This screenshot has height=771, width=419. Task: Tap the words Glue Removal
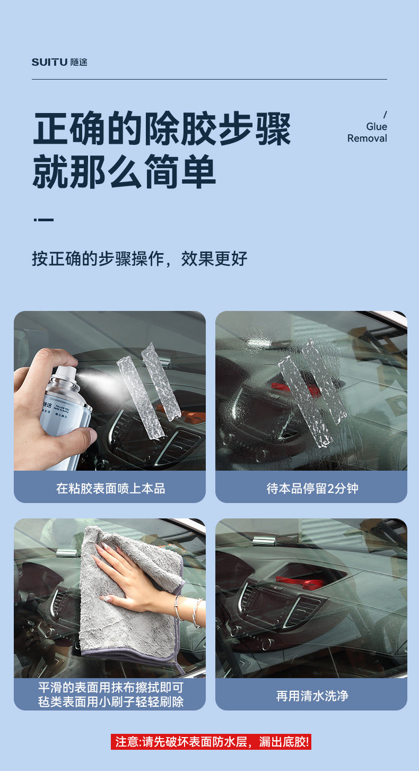coord(367,133)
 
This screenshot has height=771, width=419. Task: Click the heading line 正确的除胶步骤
coord(162,129)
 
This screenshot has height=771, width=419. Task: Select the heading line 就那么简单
coord(124,171)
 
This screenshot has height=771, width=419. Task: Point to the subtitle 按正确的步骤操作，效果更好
coord(139,258)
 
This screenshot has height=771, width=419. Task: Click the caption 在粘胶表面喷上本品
coord(111,488)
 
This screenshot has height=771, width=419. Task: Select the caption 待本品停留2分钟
coord(312,488)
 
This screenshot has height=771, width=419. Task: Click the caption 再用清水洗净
coord(312,696)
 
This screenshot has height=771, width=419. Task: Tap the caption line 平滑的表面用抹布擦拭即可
coord(111,687)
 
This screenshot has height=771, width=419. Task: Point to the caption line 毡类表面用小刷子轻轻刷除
coord(111,701)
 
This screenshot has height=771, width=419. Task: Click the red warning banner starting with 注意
coord(211,741)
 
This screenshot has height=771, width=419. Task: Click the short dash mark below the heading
coord(43,220)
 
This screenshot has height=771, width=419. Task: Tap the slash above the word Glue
coord(385,114)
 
